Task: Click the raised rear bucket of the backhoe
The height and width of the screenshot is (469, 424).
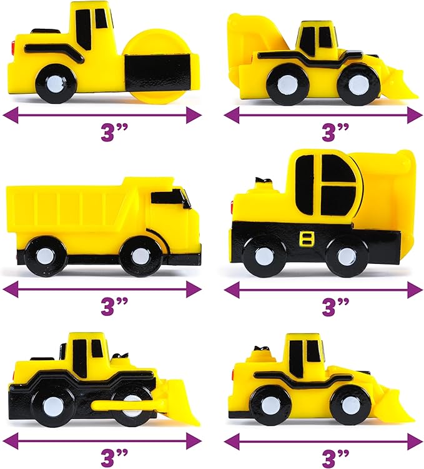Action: click(254, 39)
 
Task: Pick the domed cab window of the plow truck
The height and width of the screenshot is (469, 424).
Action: click(325, 184)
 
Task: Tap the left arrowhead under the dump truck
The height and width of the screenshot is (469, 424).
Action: click(11, 289)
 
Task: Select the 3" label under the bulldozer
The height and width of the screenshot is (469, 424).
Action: click(114, 457)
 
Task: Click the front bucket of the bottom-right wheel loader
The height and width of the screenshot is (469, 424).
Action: click(394, 404)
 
